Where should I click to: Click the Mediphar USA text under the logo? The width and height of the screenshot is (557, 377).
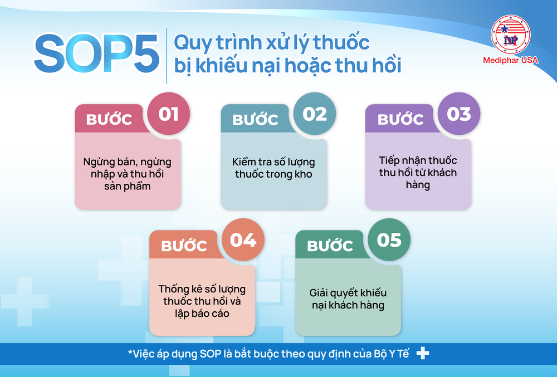tap(510, 60)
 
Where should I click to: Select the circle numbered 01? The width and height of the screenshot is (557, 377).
tap(168, 114)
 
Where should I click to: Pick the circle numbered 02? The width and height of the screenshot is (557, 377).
tap(315, 114)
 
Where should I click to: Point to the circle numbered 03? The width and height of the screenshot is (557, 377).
tap(459, 114)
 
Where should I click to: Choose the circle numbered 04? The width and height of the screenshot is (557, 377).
tap(243, 239)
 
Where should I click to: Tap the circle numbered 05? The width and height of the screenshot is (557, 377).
tap(389, 239)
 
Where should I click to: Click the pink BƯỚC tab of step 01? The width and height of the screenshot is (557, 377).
tap(109, 119)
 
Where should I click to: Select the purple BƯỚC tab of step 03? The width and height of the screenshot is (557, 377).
tap(400, 119)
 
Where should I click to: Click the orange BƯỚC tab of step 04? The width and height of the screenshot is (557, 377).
tap(184, 246)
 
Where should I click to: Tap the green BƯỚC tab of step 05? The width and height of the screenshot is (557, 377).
tap(330, 246)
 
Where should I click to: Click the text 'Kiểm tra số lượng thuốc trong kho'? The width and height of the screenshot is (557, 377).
tap(273, 168)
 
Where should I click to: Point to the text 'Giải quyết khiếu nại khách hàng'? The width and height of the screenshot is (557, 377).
tap(348, 299)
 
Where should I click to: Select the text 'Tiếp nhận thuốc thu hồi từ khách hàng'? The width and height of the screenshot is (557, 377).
tap(418, 173)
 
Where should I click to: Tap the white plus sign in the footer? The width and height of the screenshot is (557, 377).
tap(423, 353)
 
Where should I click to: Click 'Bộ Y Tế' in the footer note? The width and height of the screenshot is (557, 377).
tap(392, 354)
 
